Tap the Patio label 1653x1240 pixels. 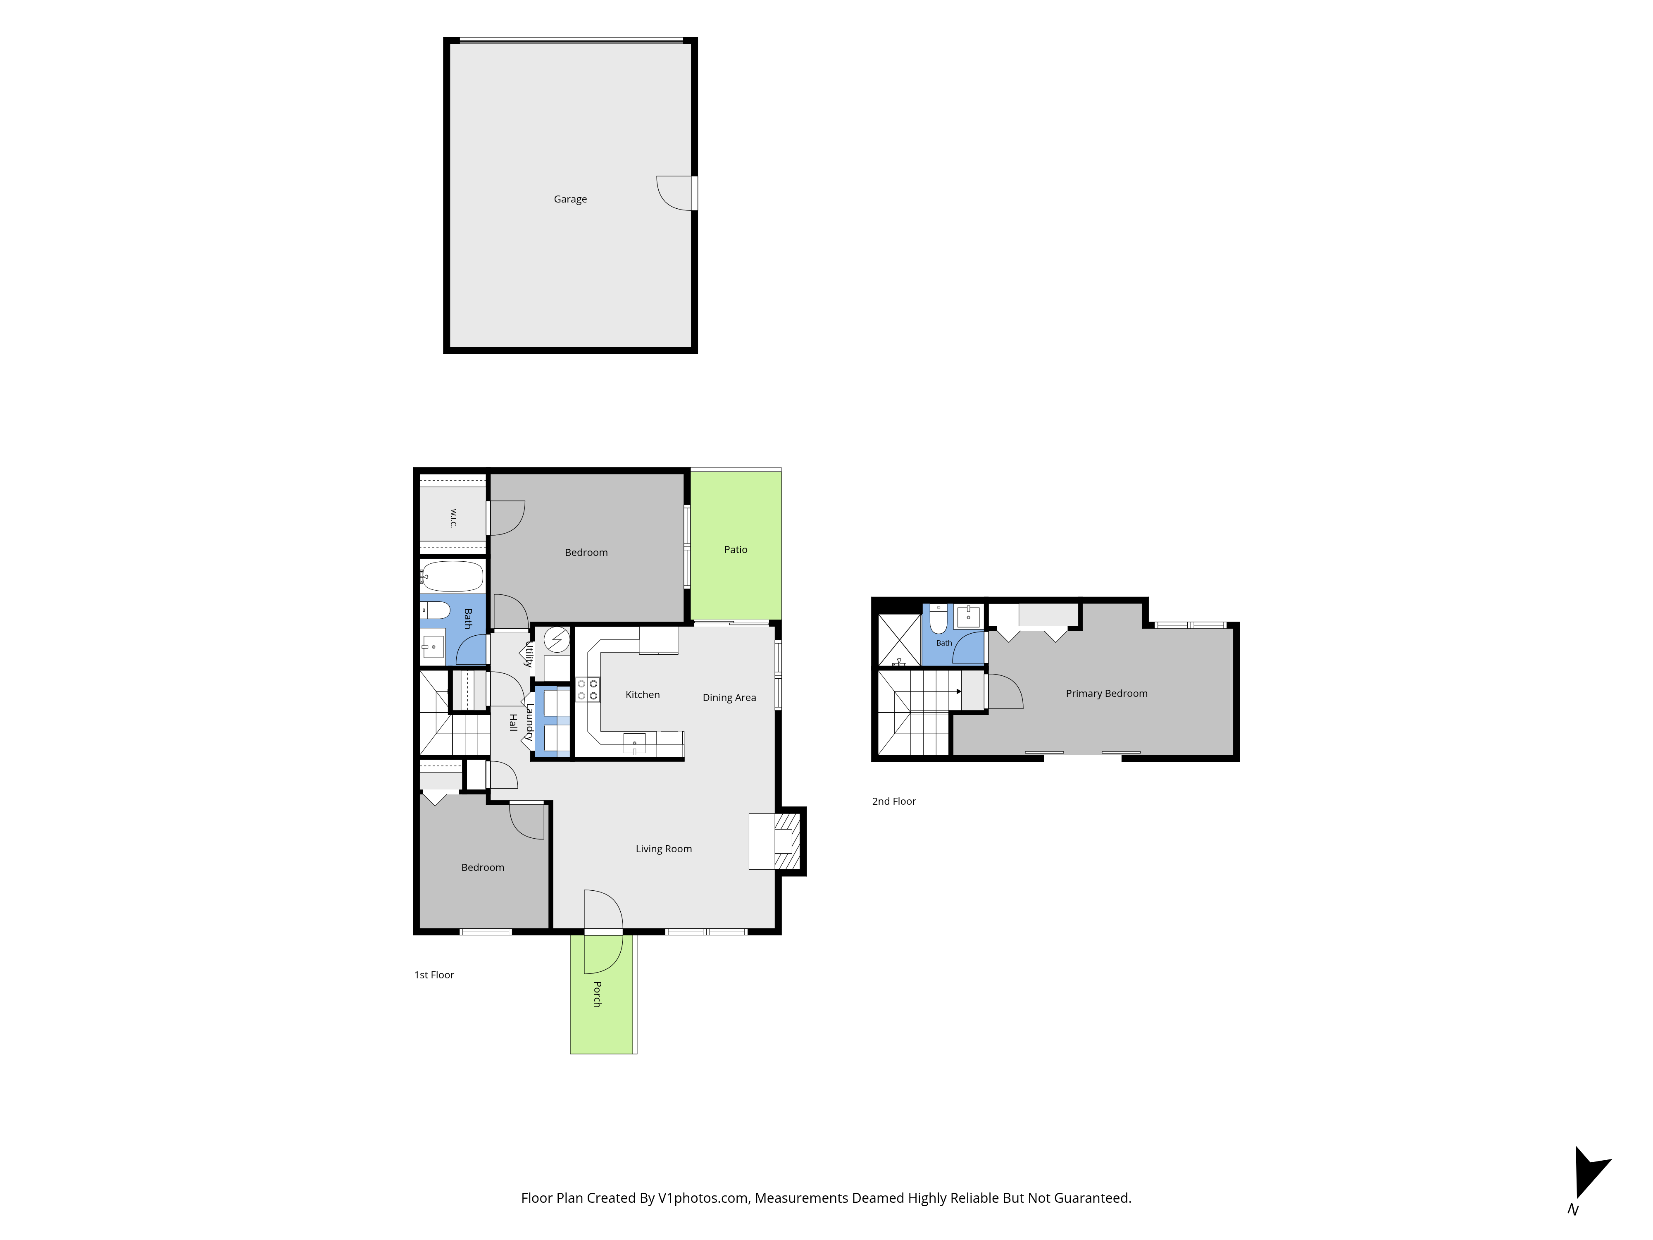click(735, 549)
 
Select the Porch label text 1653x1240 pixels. click(597, 994)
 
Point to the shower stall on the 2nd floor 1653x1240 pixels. click(899, 640)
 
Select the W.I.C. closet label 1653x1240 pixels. click(453, 518)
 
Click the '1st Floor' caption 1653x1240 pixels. click(434, 975)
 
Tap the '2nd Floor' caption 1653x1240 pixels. click(894, 801)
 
